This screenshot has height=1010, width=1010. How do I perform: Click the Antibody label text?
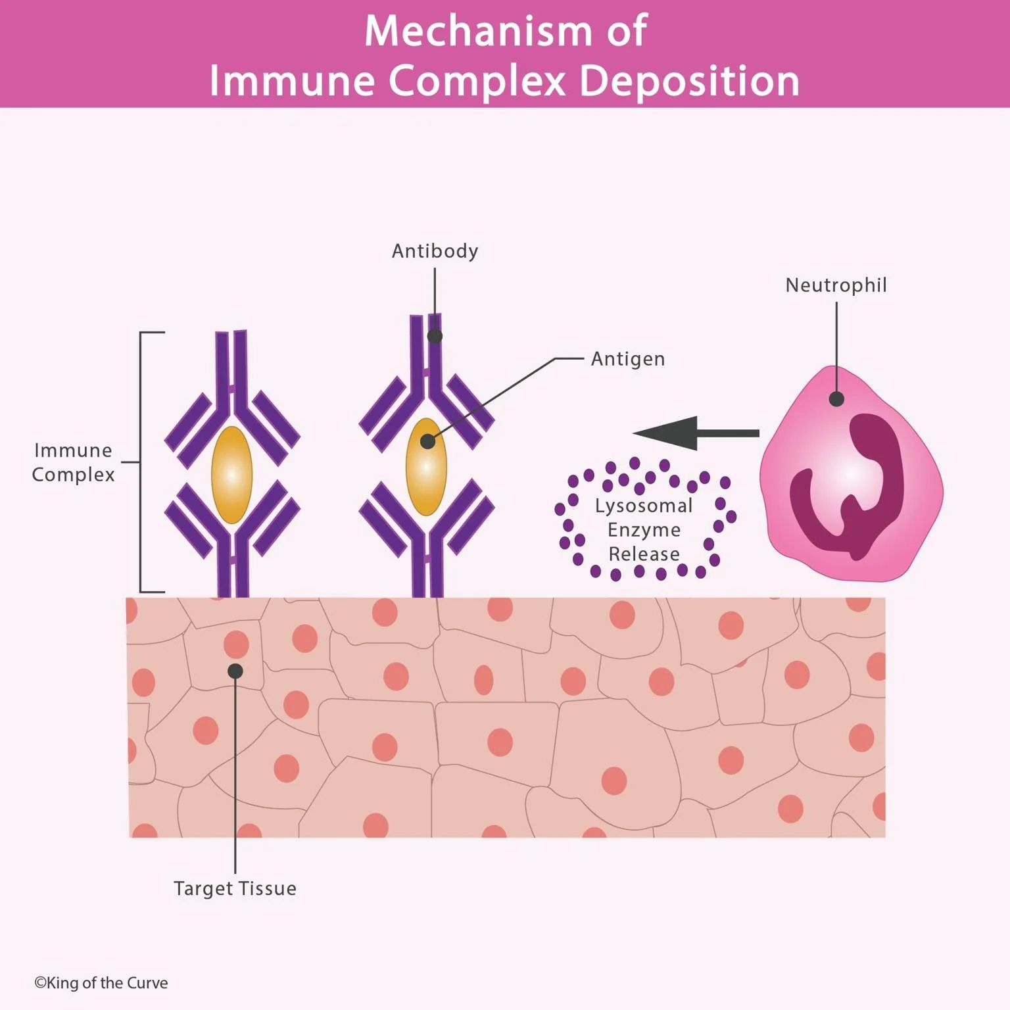tap(435, 251)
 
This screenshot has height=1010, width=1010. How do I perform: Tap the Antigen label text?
tap(628, 359)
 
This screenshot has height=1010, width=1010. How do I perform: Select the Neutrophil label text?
tap(836, 285)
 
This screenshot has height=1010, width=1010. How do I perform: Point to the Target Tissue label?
tap(235, 888)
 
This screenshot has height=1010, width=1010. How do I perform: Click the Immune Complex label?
tap(73, 462)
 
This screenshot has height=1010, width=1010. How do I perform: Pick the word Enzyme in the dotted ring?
tap(644, 530)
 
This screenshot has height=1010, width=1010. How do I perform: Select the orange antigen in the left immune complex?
tap(231, 475)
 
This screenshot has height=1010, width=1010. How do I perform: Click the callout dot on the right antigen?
tap(427, 441)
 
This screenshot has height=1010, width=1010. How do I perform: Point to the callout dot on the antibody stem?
tap(435, 336)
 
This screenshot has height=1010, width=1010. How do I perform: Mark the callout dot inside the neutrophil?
tap(836, 398)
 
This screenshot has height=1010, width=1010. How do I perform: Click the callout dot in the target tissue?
tap(235, 671)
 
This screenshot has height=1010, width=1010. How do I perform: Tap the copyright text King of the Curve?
tap(101, 983)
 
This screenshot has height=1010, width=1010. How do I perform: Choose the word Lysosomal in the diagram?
tap(644, 506)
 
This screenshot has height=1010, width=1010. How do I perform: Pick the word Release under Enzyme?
tap(644, 554)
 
